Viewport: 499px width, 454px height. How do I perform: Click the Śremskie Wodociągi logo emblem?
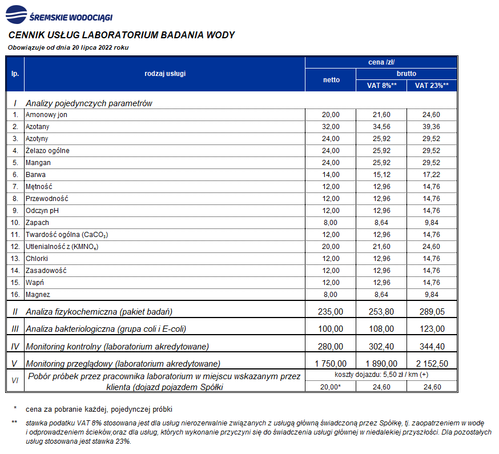16,14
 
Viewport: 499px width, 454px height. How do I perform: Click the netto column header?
331,80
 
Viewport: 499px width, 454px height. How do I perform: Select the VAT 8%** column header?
381,86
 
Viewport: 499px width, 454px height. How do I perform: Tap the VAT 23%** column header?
432,86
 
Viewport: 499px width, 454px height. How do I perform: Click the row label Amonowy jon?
46,115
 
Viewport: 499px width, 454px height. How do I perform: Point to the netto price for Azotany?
331,127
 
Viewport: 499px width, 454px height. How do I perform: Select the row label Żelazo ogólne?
47,151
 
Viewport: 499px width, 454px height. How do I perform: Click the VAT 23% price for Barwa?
431,175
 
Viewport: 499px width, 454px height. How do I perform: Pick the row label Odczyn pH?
42,211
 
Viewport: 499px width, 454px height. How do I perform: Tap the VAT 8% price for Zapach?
381,223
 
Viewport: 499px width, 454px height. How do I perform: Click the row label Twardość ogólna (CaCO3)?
67,235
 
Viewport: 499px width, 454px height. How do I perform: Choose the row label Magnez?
38,295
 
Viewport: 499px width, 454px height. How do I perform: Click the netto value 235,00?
331,312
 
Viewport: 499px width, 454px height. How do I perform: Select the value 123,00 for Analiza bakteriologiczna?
432,329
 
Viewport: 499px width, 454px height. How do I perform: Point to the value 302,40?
381,347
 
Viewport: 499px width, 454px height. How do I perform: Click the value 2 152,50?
432,364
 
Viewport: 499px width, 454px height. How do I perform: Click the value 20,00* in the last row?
331,387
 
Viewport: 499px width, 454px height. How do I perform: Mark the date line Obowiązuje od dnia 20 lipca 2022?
68,48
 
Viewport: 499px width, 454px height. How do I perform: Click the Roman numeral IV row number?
15,347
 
